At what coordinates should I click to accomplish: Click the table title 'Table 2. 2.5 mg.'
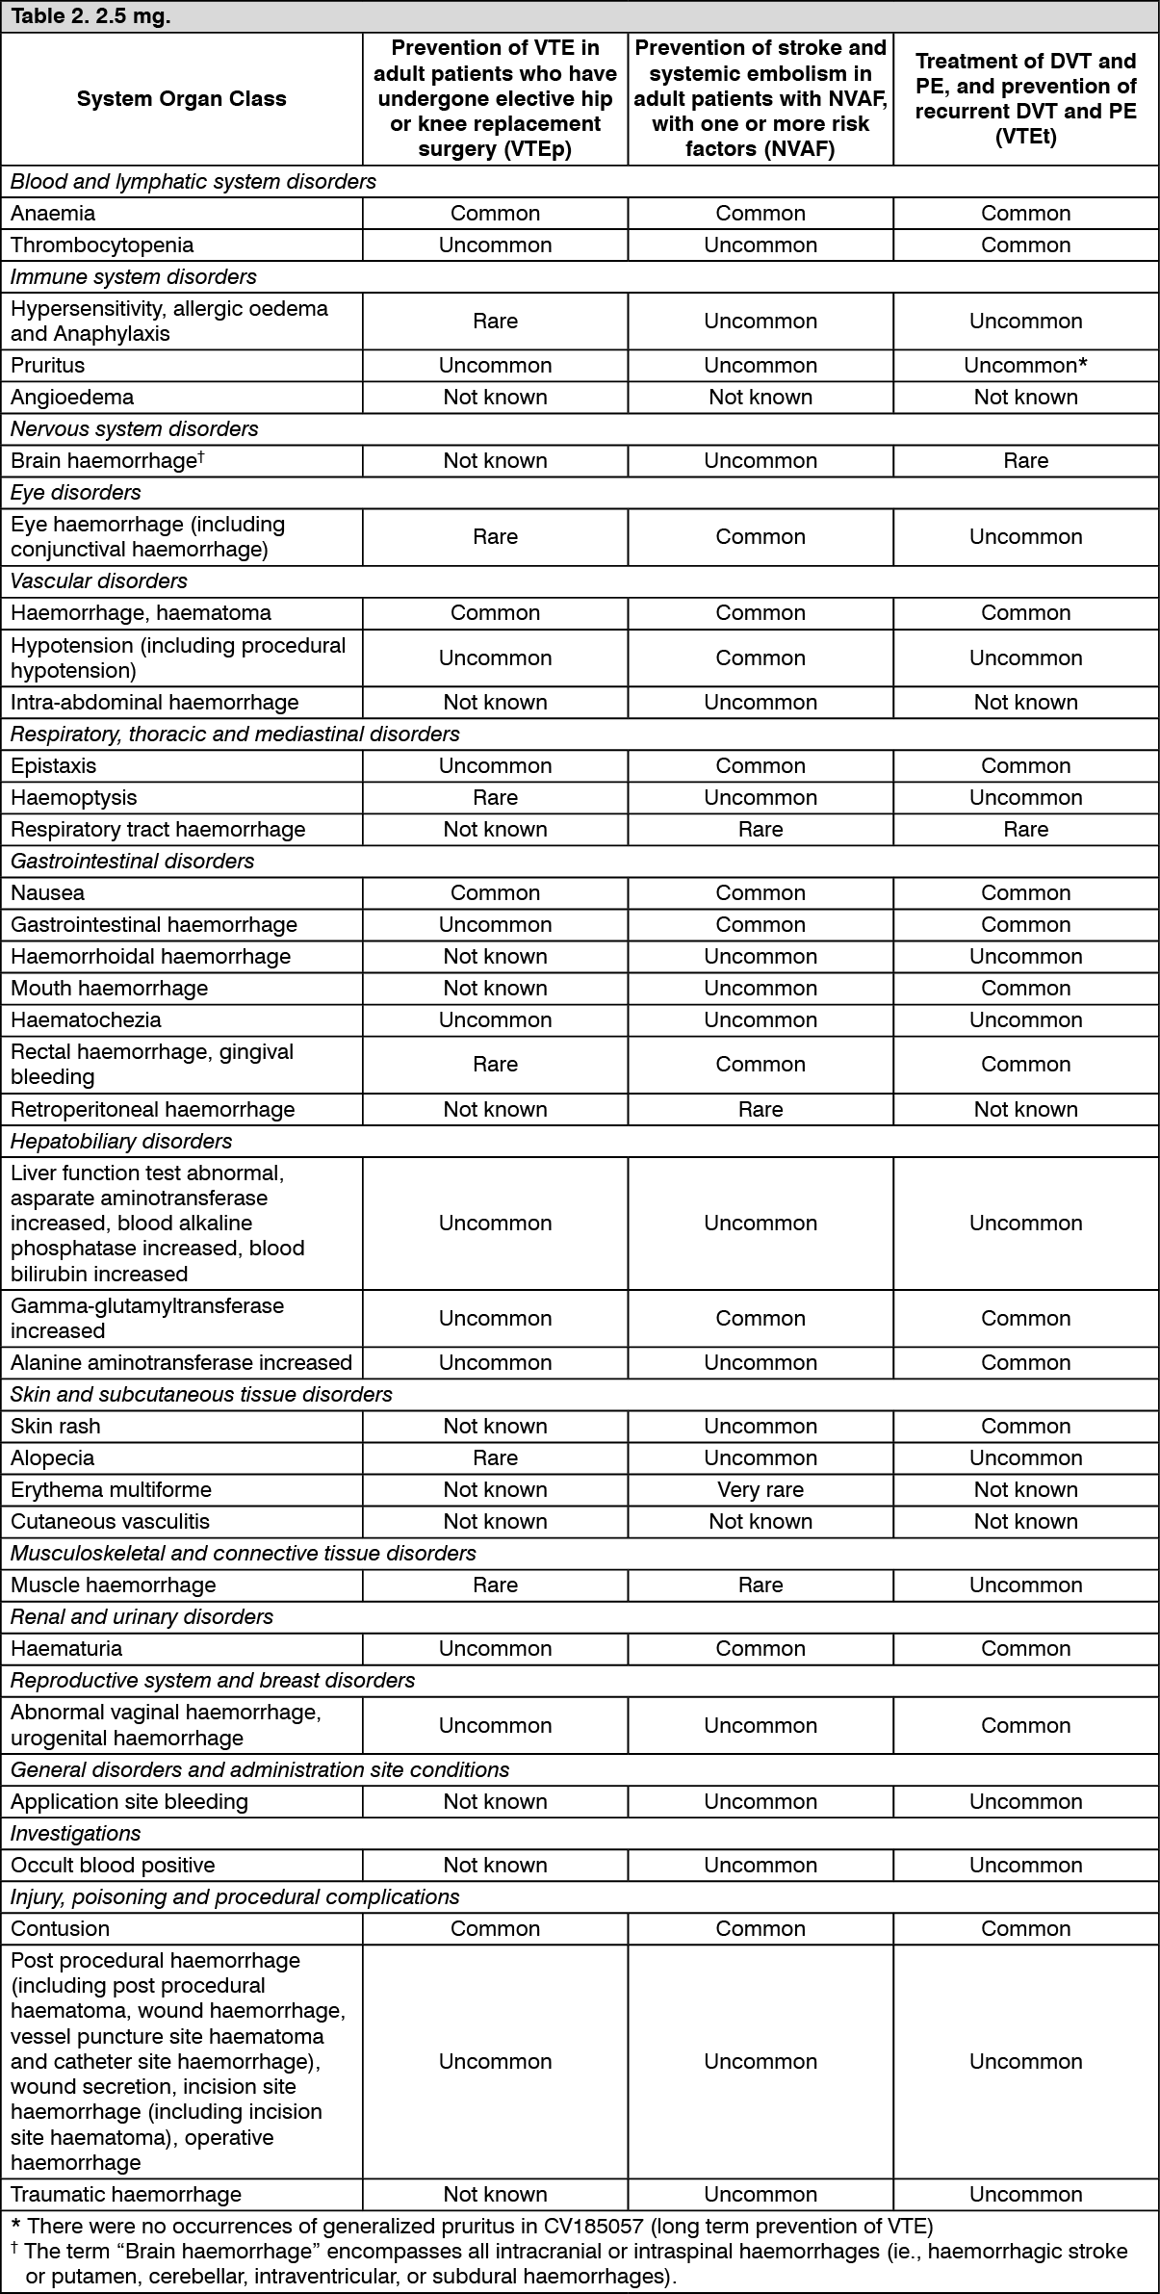click(90, 17)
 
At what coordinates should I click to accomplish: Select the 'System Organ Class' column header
click(181, 99)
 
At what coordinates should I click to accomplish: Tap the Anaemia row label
click(53, 214)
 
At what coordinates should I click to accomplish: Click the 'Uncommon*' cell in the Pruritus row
click(1025, 366)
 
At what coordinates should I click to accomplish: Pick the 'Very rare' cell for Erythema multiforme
click(760, 1490)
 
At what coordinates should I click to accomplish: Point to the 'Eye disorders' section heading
click(75, 493)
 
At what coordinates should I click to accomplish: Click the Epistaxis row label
click(53, 766)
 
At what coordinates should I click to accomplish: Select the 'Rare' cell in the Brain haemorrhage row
click(1025, 461)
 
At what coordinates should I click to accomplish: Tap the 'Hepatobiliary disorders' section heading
click(121, 1142)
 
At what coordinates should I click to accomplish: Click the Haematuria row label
click(66, 1649)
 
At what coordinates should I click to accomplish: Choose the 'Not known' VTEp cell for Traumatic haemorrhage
click(495, 2195)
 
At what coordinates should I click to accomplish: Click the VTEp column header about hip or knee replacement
click(495, 99)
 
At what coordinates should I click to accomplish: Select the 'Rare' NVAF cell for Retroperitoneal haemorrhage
click(760, 1110)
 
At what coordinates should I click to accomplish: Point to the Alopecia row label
click(52, 1458)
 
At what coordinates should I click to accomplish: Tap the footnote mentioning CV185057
click(472, 2227)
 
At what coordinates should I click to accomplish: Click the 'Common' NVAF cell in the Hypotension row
click(760, 658)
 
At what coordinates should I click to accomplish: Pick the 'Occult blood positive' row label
click(113, 1866)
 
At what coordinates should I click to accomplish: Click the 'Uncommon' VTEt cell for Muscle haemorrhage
click(1025, 1585)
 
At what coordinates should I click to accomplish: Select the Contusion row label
click(60, 1929)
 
